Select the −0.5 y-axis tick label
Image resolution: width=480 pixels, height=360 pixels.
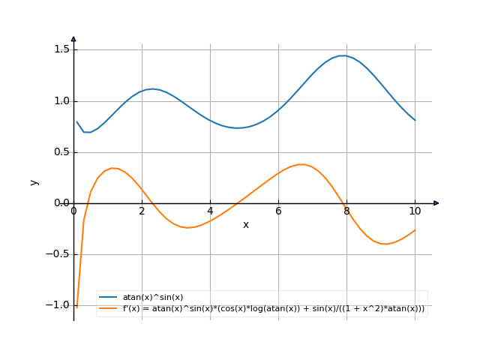click(57, 253)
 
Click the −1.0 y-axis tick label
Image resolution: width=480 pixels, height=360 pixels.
click(57, 304)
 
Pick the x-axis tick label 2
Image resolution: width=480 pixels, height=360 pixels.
click(142, 211)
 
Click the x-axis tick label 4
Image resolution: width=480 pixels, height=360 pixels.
click(210, 211)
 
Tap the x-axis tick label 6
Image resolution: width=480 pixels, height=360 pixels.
click(278, 211)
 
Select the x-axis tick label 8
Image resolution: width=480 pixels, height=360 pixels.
click(346, 211)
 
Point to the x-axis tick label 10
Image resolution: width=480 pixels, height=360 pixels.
click(415, 211)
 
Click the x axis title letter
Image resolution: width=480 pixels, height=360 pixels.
click(245, 224)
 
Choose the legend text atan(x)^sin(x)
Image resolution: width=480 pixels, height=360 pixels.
click(153, 298)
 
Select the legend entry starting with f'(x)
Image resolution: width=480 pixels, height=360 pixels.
click(274, 308)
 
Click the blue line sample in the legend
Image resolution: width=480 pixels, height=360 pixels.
click(109, 298)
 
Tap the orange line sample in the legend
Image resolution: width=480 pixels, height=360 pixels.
click(109, 308)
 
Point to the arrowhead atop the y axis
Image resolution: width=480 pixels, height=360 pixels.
click(73, 37)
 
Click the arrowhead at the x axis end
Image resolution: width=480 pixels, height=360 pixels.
click(436, 202)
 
